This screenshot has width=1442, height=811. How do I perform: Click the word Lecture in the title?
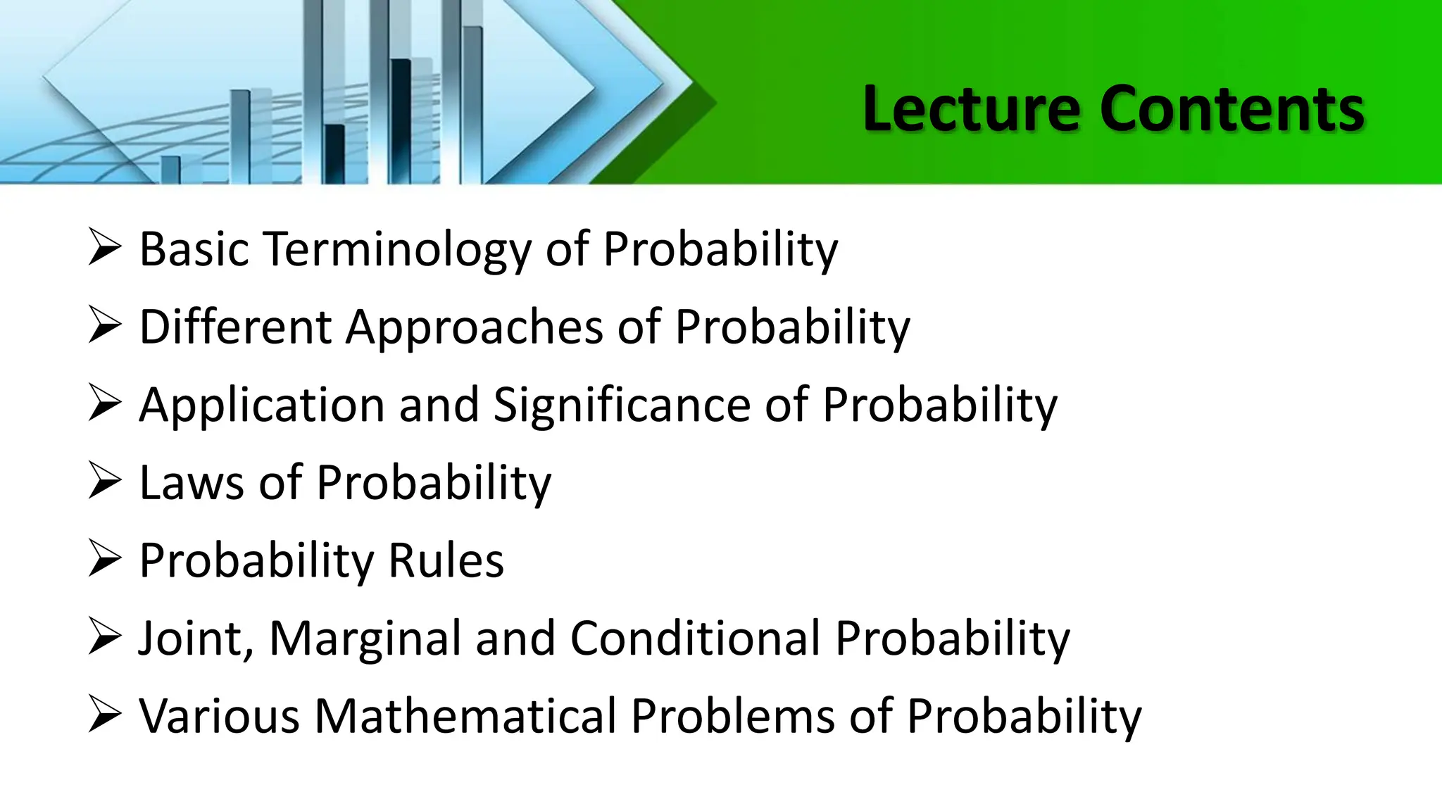coord(970,109)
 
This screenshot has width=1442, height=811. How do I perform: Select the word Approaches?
coord(474,327)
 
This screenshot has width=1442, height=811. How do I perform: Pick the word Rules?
coord(446,561)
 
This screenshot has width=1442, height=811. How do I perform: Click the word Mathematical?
coord(465,717)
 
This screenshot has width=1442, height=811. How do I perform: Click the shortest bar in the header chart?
coord(170,170)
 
